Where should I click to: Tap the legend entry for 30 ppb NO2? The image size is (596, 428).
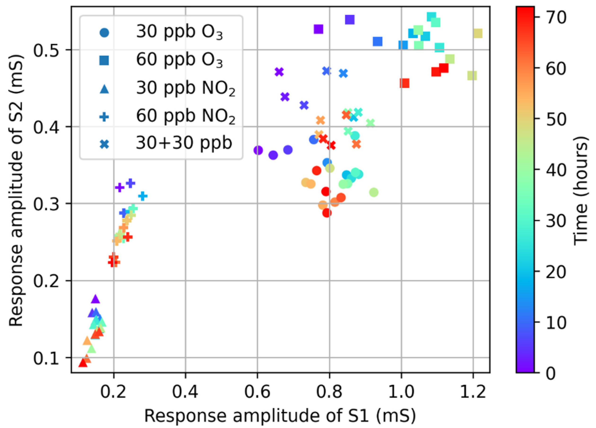[x=185, y=88]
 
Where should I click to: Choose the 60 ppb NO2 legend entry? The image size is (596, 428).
[x=185, y=116]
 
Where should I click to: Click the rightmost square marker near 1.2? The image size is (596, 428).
[x=478, y=34]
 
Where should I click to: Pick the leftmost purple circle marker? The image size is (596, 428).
[x=258, y=150]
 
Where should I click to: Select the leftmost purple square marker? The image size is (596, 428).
[x=318, y=29]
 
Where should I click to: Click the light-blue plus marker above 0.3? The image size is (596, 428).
[x=143, y=196]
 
